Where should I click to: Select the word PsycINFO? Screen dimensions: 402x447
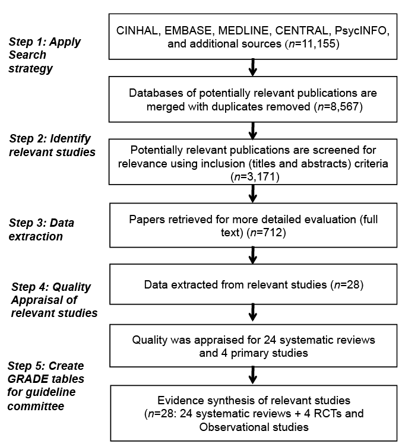362,30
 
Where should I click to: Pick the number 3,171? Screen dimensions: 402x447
262,177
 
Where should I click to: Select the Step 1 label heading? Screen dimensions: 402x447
45,55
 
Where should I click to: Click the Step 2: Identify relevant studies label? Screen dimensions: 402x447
52,145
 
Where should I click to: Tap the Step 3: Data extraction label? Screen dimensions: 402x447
42,230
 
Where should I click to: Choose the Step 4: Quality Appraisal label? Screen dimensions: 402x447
54,300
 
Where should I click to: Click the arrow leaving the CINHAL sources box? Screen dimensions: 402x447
253,68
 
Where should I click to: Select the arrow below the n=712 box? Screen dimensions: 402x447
253,255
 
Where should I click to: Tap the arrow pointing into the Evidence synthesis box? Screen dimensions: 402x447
253,376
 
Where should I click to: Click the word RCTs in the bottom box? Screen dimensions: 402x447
328,414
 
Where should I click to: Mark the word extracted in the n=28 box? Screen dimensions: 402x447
194,285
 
